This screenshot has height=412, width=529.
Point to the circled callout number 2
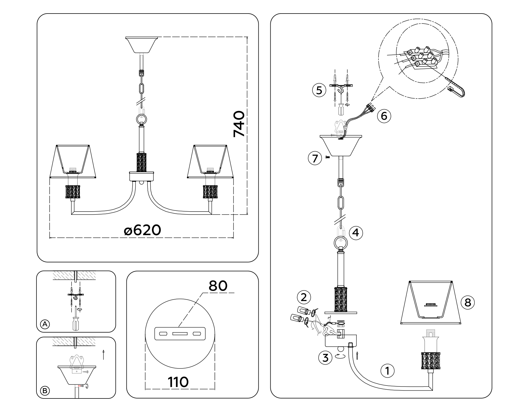(304, 297)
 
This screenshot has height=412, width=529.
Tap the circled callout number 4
(356, 233)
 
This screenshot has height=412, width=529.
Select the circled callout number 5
(319, 90)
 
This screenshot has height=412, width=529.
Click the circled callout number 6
(384, 116)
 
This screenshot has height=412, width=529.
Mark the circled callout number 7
(315, 159)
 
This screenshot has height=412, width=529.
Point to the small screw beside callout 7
(327, 157)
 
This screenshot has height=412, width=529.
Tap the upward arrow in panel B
(103, 355)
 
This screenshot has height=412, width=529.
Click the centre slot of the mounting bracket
(180, 334)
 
